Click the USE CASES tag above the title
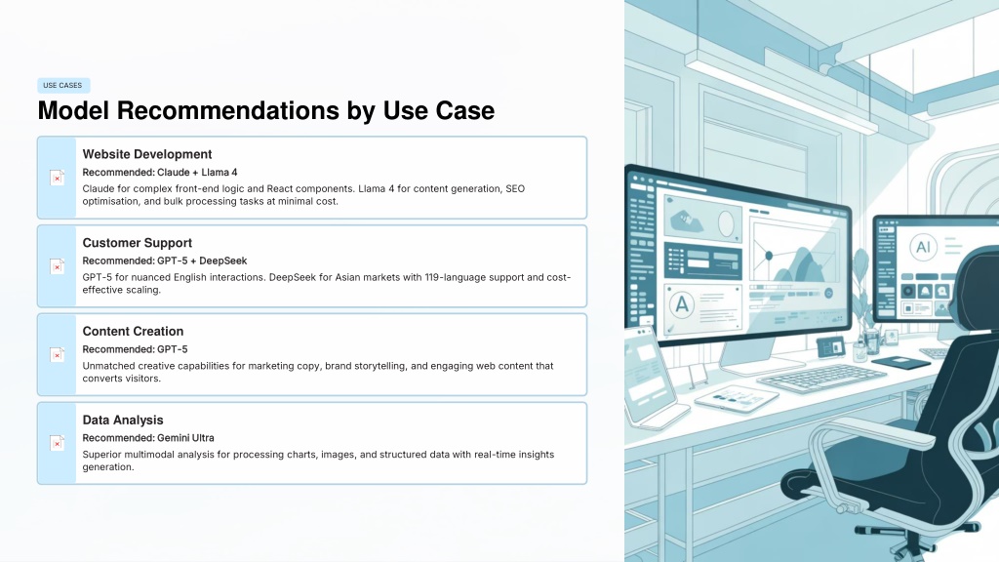coord(63,86)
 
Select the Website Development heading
coord(146,154)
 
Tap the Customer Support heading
coord(137,243)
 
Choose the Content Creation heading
coord(133,332)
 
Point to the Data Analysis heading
coord(122,420)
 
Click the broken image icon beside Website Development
coord(57,178)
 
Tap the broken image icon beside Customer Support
coord(57,266)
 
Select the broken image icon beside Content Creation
coord(57,355)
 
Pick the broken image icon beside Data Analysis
coord(57,444)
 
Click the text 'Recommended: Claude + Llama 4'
coord(159,172)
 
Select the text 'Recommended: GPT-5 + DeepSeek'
coord(164,261)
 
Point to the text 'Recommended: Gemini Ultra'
coord(148,438)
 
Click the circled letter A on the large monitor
coord(682,304)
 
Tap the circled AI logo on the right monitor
coord(923,247)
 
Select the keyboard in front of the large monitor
coord(821,377)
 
